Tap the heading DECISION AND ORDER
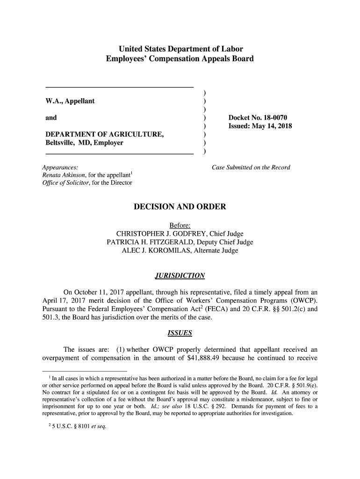click(180, 207)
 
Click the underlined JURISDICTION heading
click(180, 276)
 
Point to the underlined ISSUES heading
click(180, 334)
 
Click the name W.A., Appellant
click(70, 102)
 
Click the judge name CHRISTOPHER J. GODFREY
click(162, 234)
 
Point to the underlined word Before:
click(180, 225)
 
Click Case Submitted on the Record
click(251, 167)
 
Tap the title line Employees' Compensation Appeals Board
click(180, 59)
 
